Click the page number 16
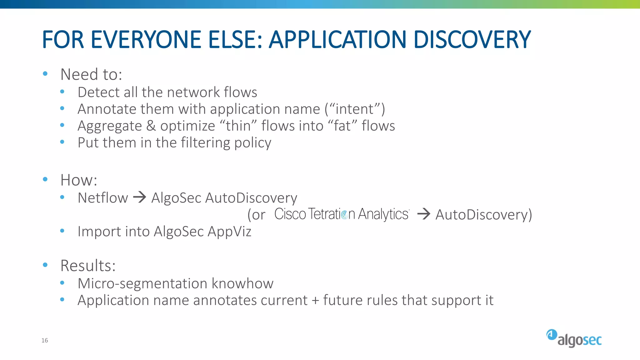pyautogui.click(x=45, y=340)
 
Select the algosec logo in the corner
pyautogui.click(x=574, y=338)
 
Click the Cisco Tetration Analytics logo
pyautogui.click(x=342, y=214)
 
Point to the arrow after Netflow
pyautogui.click(x=139, y=197)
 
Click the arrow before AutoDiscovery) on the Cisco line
pyautogui.click(x=424, y=214)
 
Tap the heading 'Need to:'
pyautogui.click(x=91, y=74)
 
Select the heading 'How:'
pyautogui.click(x=79, y=180)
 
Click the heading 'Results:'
pyautogui.click(x=88, y=266)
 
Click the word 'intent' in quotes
pyautogui.click(x=354, y=109)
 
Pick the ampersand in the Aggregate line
pyautogui.click(x=151, y=126)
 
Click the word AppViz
pyautogui.click(x=229, y=232)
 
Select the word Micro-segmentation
pyautogui.click(x=142, y=283)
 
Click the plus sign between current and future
pyautogui.click(x=315, y=300)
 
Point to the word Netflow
pyautogui.click(x=103, y=198)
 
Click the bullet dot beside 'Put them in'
pyautogui.click(x=62, y=142)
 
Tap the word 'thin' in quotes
pyautogui.click(x=238, y=126)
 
